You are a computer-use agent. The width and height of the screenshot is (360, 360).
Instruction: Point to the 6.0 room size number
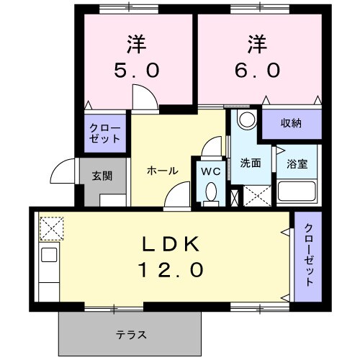pos(254,71)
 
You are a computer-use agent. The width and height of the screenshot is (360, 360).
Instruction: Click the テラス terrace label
pos(132,334)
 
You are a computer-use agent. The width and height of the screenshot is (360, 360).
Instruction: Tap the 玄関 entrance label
pos(102,175)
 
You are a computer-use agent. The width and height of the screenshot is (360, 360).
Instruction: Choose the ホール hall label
pos(162,171)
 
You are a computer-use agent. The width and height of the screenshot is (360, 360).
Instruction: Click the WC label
pos(210,172)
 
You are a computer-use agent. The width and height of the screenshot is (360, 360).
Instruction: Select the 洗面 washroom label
pos(251,163)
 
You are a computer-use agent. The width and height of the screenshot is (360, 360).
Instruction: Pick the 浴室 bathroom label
pos(297,163)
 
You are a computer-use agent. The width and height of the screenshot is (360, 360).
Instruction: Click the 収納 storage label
pos(291,123)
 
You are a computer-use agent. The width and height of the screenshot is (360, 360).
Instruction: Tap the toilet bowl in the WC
pos(212,193)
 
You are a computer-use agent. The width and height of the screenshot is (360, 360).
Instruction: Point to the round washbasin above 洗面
pos(247,119)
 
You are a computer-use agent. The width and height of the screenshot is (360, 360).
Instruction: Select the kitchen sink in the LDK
pos(49,255)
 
